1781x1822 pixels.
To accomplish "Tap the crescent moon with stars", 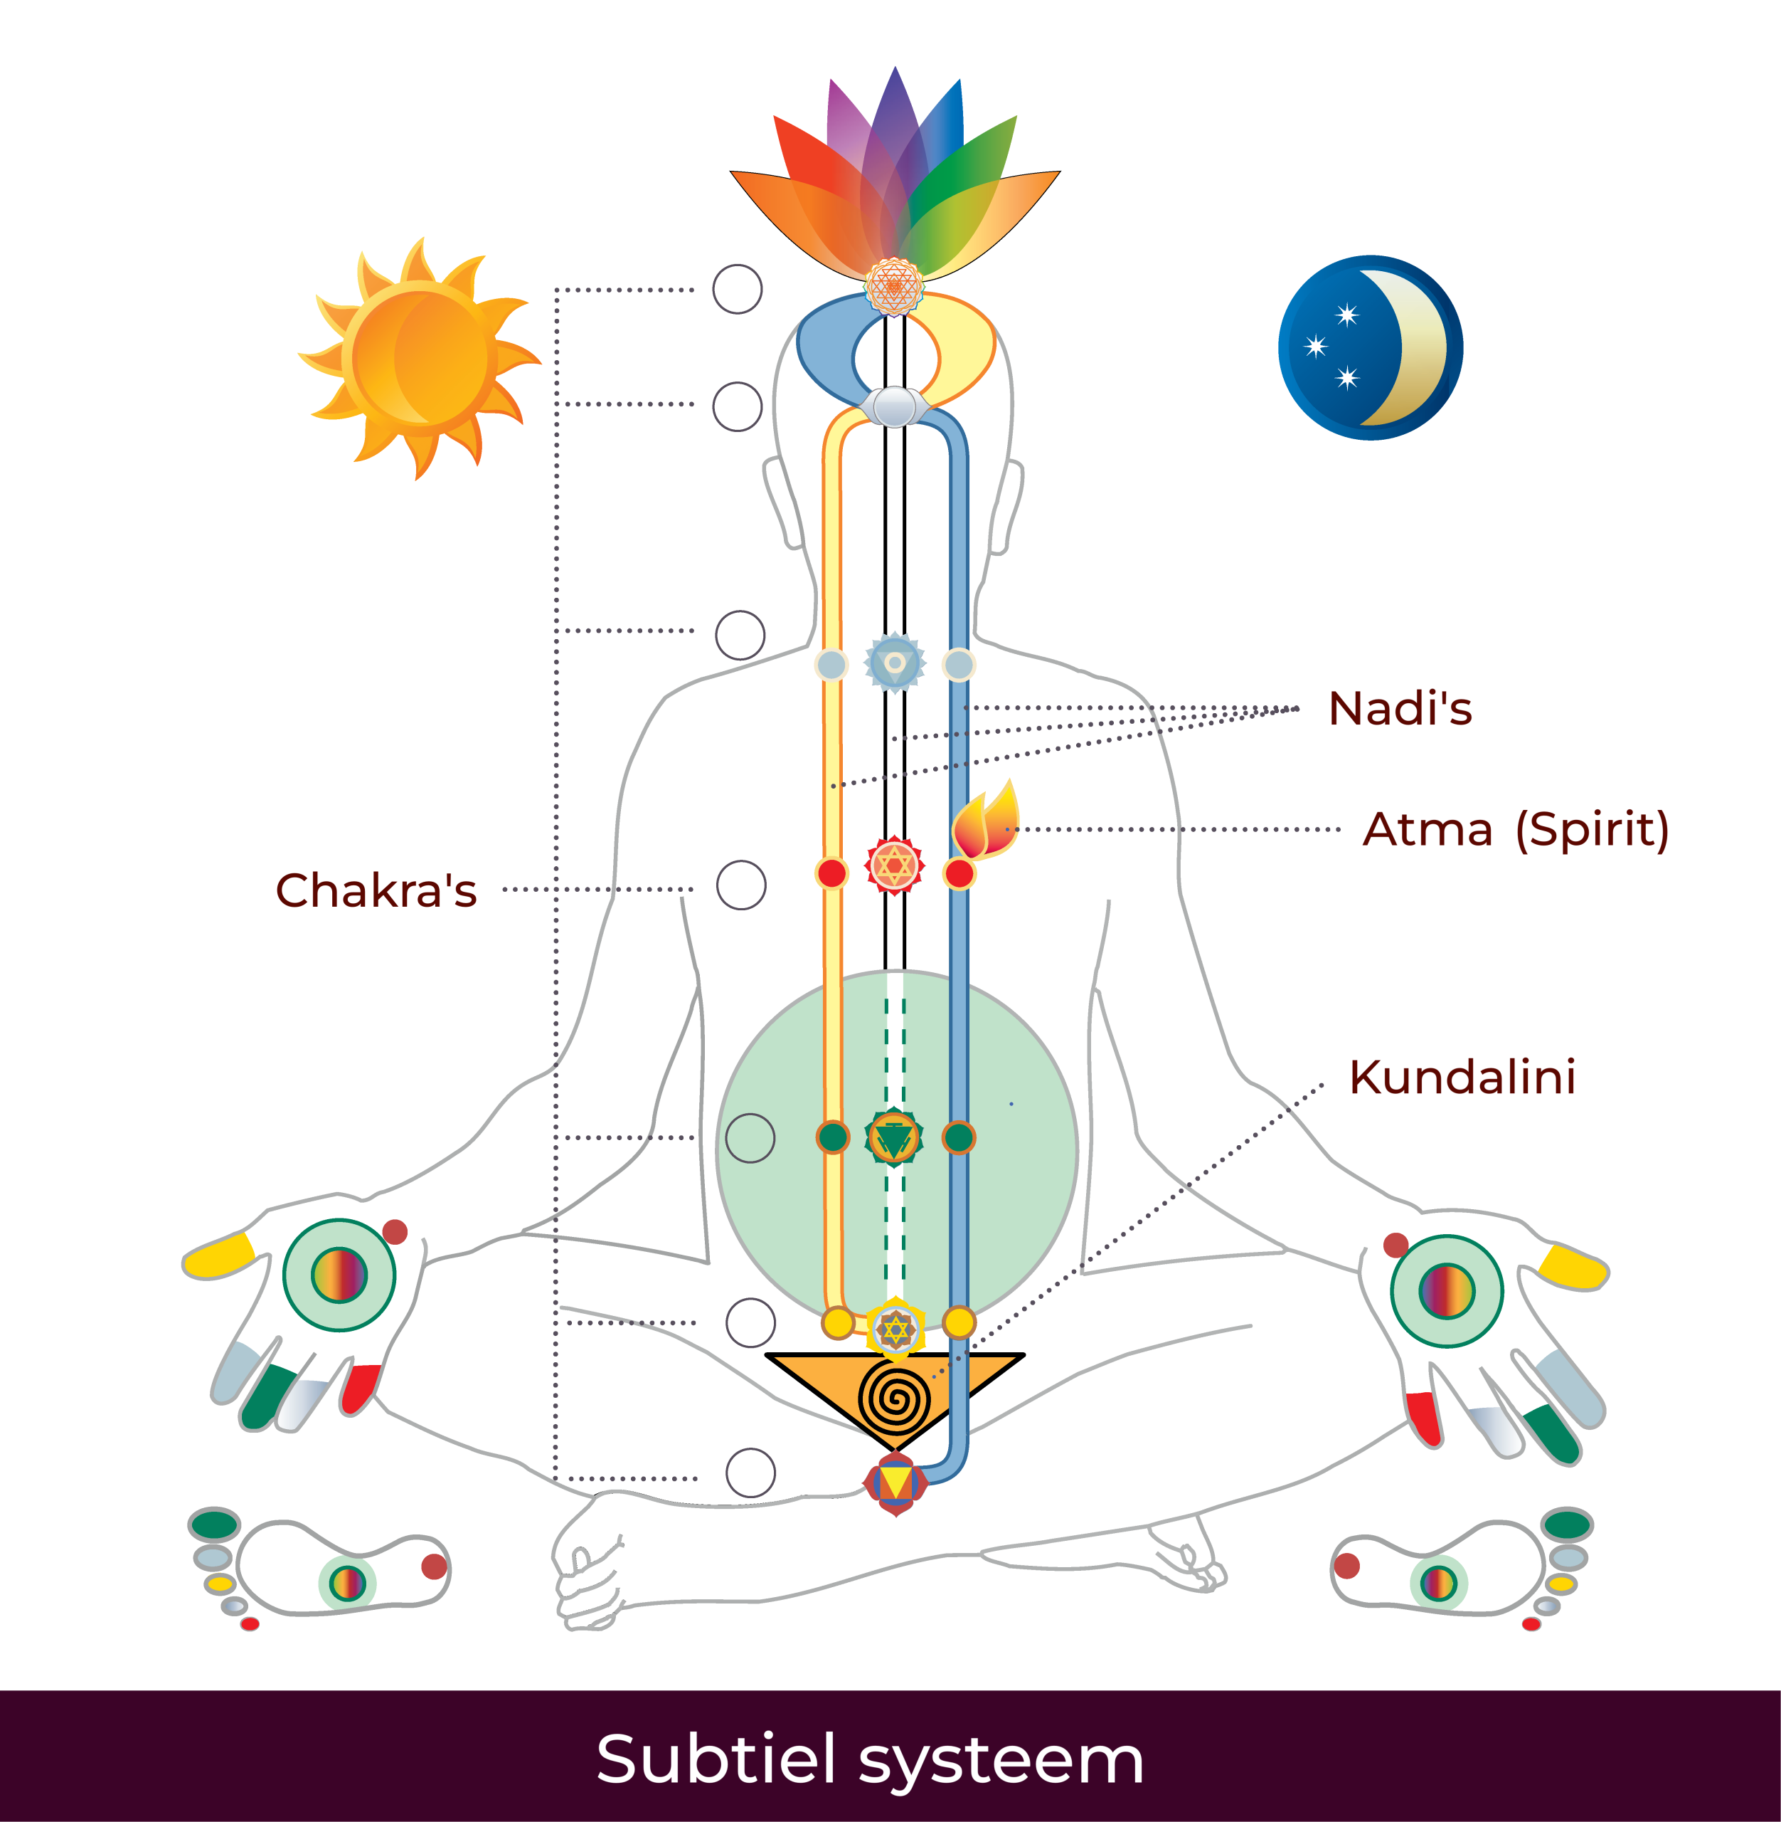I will (1371, 347).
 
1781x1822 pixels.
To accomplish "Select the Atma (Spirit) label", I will (1516, 829).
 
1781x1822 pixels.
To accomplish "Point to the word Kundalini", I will (1462, 1077).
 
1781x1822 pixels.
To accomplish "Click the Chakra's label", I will (376, 890).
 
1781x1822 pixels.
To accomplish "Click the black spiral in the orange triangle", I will (895, 1398).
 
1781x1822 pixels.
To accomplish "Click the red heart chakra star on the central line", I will (894, 865).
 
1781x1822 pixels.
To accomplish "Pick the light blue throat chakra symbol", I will (894, 663).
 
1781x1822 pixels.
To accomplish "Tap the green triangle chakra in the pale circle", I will (894, 1138).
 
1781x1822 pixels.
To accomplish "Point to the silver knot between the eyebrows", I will (894, 407).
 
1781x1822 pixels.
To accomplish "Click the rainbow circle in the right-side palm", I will (1446, 1290).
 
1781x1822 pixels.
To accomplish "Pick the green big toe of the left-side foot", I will (214, 1522).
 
